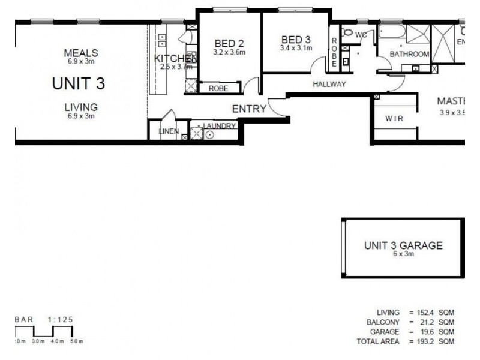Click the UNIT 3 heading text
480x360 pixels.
pyautogui.click(x=79, y=83)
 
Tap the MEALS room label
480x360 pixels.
pyautogui.click(x=80, y=53)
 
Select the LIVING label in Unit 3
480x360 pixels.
pyautogui.click(x=81, y=107)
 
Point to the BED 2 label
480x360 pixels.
pyautogui.click(x=229, y=43)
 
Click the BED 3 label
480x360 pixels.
pyautogui.click(x=296, y=40)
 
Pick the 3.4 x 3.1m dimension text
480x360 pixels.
pyautogui.click(x=296, y=48)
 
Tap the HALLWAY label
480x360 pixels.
pyautogui.click(x=329, y=85)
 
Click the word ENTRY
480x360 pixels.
pyautogui.click(x=248, y=109)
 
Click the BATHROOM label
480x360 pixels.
pyautogui.click(x=409, y=54)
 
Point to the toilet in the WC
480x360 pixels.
pyautogui.click(x=347, y=32)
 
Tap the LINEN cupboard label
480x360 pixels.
pyautogui.click(x=169, y=131)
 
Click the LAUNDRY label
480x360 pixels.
pyautogui.click(x=220, y=126)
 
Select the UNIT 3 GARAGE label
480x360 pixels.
pyautogui.click(x=403, y=245)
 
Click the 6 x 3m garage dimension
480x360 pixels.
pyautogui.click(x=403, y=254)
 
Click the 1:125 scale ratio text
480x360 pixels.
pyautogui.click(x=62, y=320)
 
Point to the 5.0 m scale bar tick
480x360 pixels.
pyautogui.click(x=77, y=341)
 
